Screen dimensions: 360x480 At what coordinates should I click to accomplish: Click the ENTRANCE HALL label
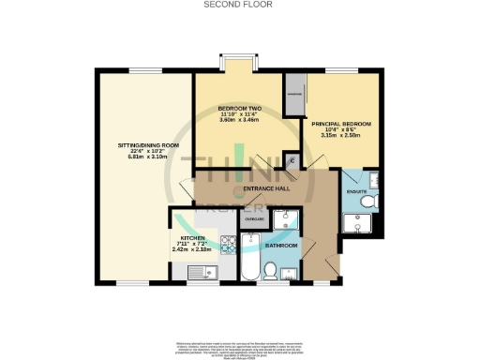click(x=265, y=188)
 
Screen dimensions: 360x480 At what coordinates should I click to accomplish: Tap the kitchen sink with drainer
click(x=199, y=273)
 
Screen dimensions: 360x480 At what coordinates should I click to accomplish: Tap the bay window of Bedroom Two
click(x=234, y=67)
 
